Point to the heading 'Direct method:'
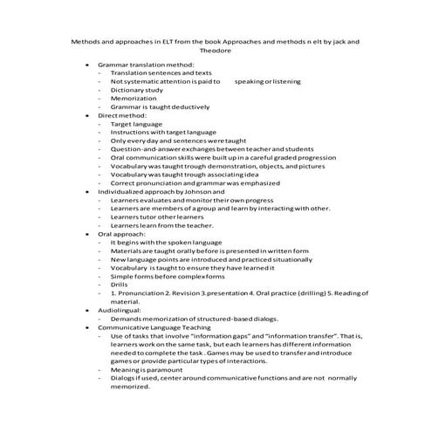(x=120, y=114)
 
